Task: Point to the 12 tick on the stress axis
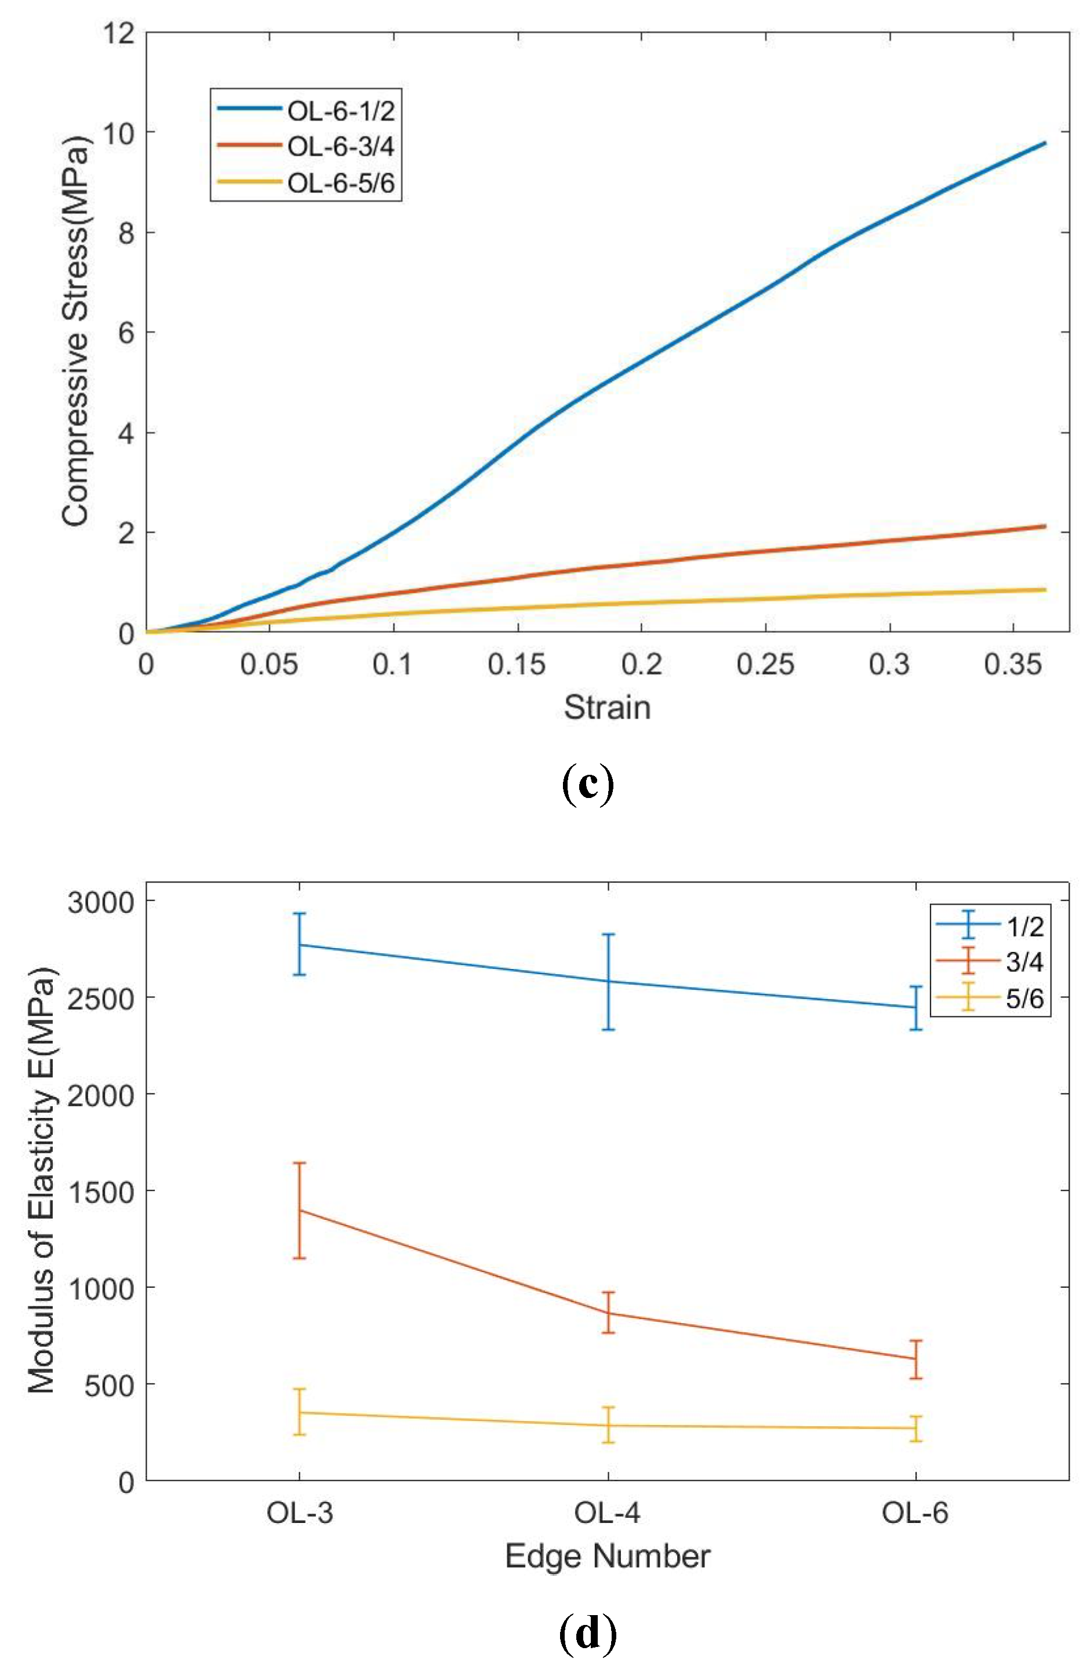118,32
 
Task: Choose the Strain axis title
607,708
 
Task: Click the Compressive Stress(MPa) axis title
76,331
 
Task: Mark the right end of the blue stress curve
1044,144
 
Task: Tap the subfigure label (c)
588,785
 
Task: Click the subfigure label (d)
588,1633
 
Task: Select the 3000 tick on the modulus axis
100,902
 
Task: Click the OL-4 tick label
607,1513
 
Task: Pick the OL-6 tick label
915,1513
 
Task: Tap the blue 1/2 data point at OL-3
300,945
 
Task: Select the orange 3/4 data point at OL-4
608,1313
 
